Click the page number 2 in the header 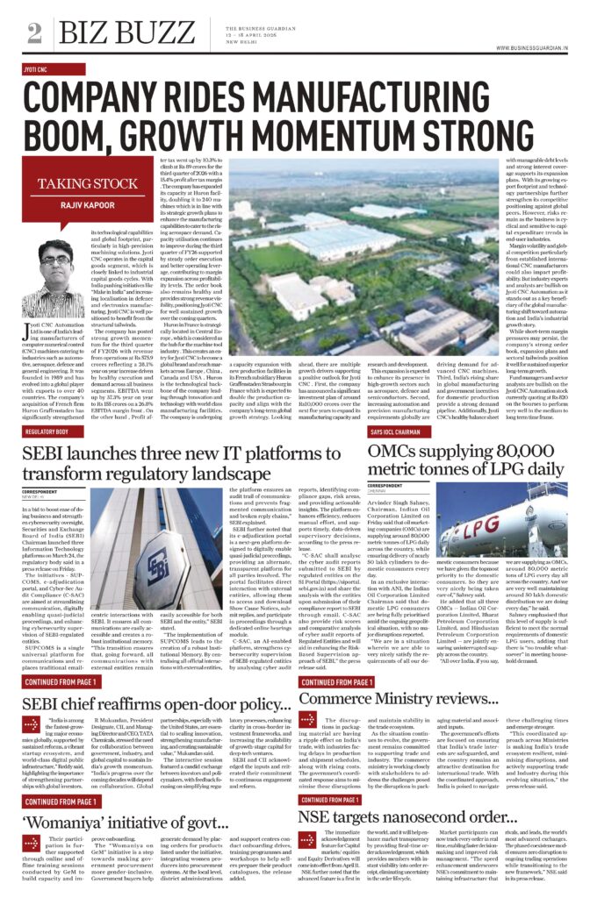(35, 33)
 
